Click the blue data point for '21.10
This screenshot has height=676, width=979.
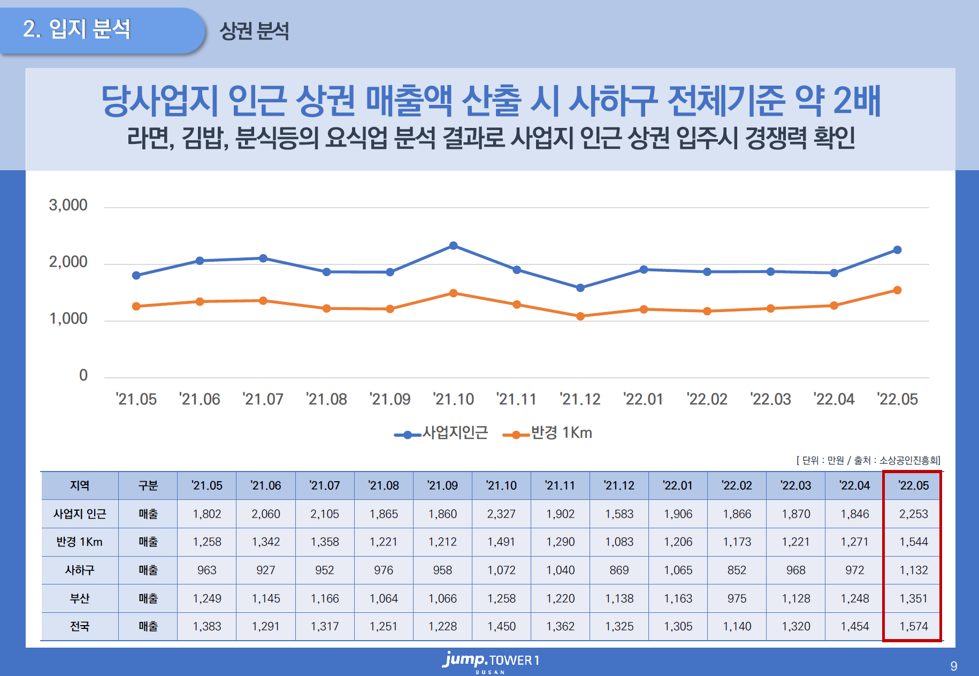(x=453, y=246)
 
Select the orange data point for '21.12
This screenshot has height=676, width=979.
(x=580, y=316)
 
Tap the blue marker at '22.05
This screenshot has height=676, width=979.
(x=897, y=250)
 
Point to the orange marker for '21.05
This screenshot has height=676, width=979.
(x=136, y=306)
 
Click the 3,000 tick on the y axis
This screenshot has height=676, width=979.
(x=68, y=206)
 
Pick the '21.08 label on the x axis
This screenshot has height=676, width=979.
(x=326, y=399)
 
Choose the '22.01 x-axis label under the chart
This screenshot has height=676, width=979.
(x=643, y=399)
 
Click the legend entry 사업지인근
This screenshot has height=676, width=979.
(x=442, y=433)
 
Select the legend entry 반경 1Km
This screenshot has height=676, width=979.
(x=548, y=433)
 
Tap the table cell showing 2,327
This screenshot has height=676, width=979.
(x=501, y=514)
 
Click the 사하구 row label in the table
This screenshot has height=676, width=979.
(x=80, y=570)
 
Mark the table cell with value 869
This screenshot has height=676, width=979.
(x=619, y=570)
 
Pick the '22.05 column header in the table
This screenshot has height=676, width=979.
(x=913, y=485)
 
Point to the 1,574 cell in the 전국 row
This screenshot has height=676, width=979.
(x=913, y=626)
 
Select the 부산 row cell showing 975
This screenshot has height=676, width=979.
(x=737, y=598)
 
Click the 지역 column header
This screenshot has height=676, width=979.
(x=80, y=485)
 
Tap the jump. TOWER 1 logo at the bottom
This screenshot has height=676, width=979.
(x=490, y=661)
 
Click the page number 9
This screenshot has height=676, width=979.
(x=954, y=666)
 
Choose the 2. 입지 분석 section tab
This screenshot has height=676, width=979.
(x=78, y=29)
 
